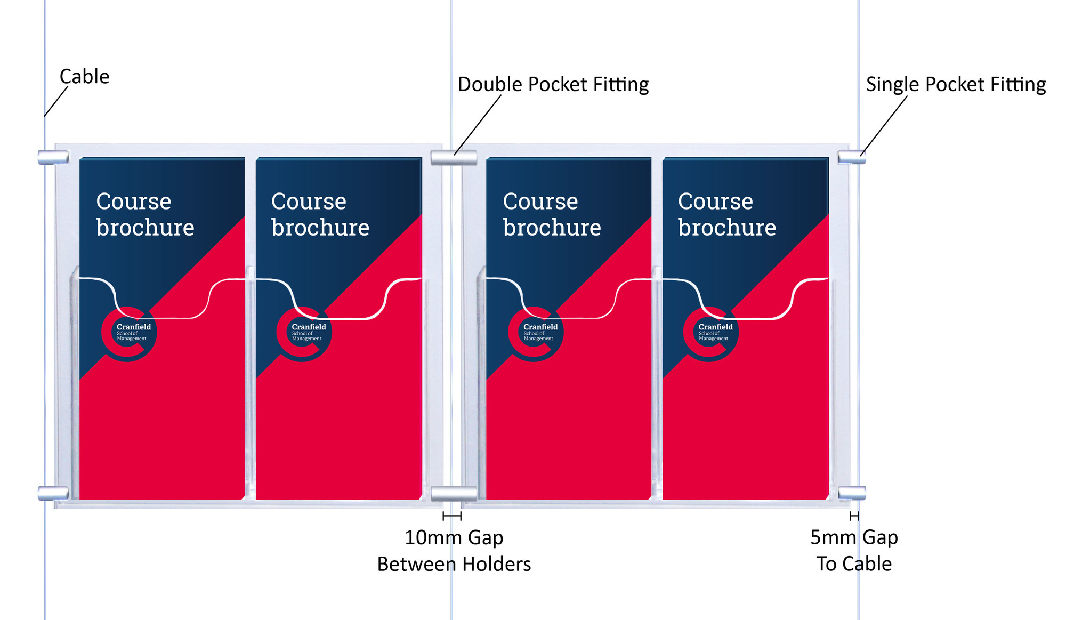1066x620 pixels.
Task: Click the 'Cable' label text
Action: pos(84,77)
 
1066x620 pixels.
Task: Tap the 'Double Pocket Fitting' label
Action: pos(553,85)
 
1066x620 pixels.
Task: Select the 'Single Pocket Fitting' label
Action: pos(955,85)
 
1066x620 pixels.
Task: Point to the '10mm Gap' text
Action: pos(454,537)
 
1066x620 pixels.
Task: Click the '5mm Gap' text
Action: pos(853,537)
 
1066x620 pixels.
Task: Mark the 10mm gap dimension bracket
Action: pos(452,516)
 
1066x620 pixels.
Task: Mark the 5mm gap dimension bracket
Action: pos(854,516)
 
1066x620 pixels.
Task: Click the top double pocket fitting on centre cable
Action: pos(454,158)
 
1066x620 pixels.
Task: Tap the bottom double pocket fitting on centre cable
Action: pos(454,494)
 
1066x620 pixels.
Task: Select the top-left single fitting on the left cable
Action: pos(53,157)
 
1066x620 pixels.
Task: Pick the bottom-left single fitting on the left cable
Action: pos(53,493)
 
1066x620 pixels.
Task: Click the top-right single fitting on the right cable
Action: pos(851,157)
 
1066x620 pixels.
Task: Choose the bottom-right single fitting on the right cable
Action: pos(851,493)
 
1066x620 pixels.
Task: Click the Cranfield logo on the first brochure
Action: pos(129,334)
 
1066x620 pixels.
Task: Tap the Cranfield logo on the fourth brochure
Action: pos(710,334)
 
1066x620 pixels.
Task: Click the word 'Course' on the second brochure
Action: pos(309,202)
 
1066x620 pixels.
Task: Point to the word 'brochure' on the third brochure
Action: pos(552,228)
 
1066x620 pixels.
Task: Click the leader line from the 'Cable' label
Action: pos(56,101)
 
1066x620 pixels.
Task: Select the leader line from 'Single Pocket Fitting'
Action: pos(884,126)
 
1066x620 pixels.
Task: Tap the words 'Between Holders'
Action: pos(454,564)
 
